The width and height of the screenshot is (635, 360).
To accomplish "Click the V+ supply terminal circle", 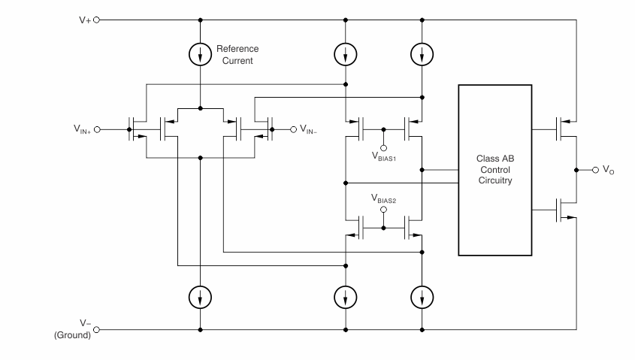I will pos(95,20).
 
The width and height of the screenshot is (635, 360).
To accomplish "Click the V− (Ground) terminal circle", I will pos(95,329).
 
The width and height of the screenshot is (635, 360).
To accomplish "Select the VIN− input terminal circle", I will pos(293,129).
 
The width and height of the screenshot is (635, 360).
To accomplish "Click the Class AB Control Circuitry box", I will pos(494,170).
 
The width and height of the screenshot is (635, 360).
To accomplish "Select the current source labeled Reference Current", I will pos(201,54).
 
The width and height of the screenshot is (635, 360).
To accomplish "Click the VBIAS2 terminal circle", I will pos(383,210).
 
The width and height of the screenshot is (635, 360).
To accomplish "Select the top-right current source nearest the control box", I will pos(422,54).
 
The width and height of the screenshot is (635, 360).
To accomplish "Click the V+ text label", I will pos(83,20).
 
